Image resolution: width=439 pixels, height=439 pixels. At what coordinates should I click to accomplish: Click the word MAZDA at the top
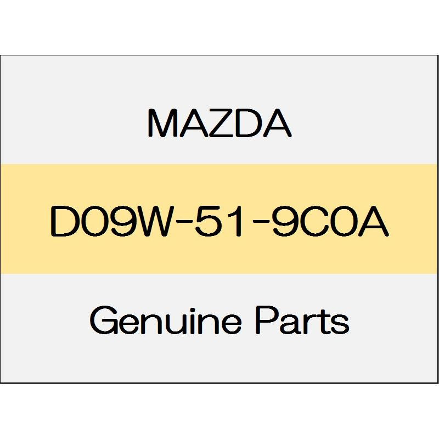[x=219, y=123]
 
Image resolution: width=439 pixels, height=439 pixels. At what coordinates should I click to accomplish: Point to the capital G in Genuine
[x=104, y=320]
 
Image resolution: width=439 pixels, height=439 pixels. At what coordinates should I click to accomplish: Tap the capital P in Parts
[x=268, y=320]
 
